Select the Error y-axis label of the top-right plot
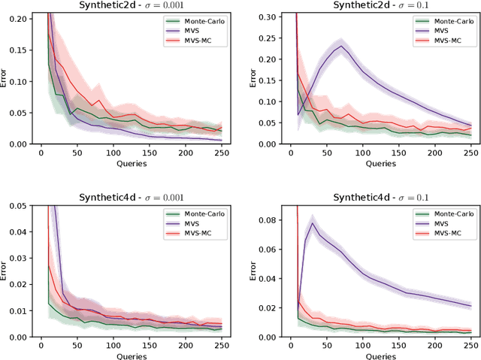(253, 79)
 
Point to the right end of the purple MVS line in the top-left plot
(222, 140)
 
